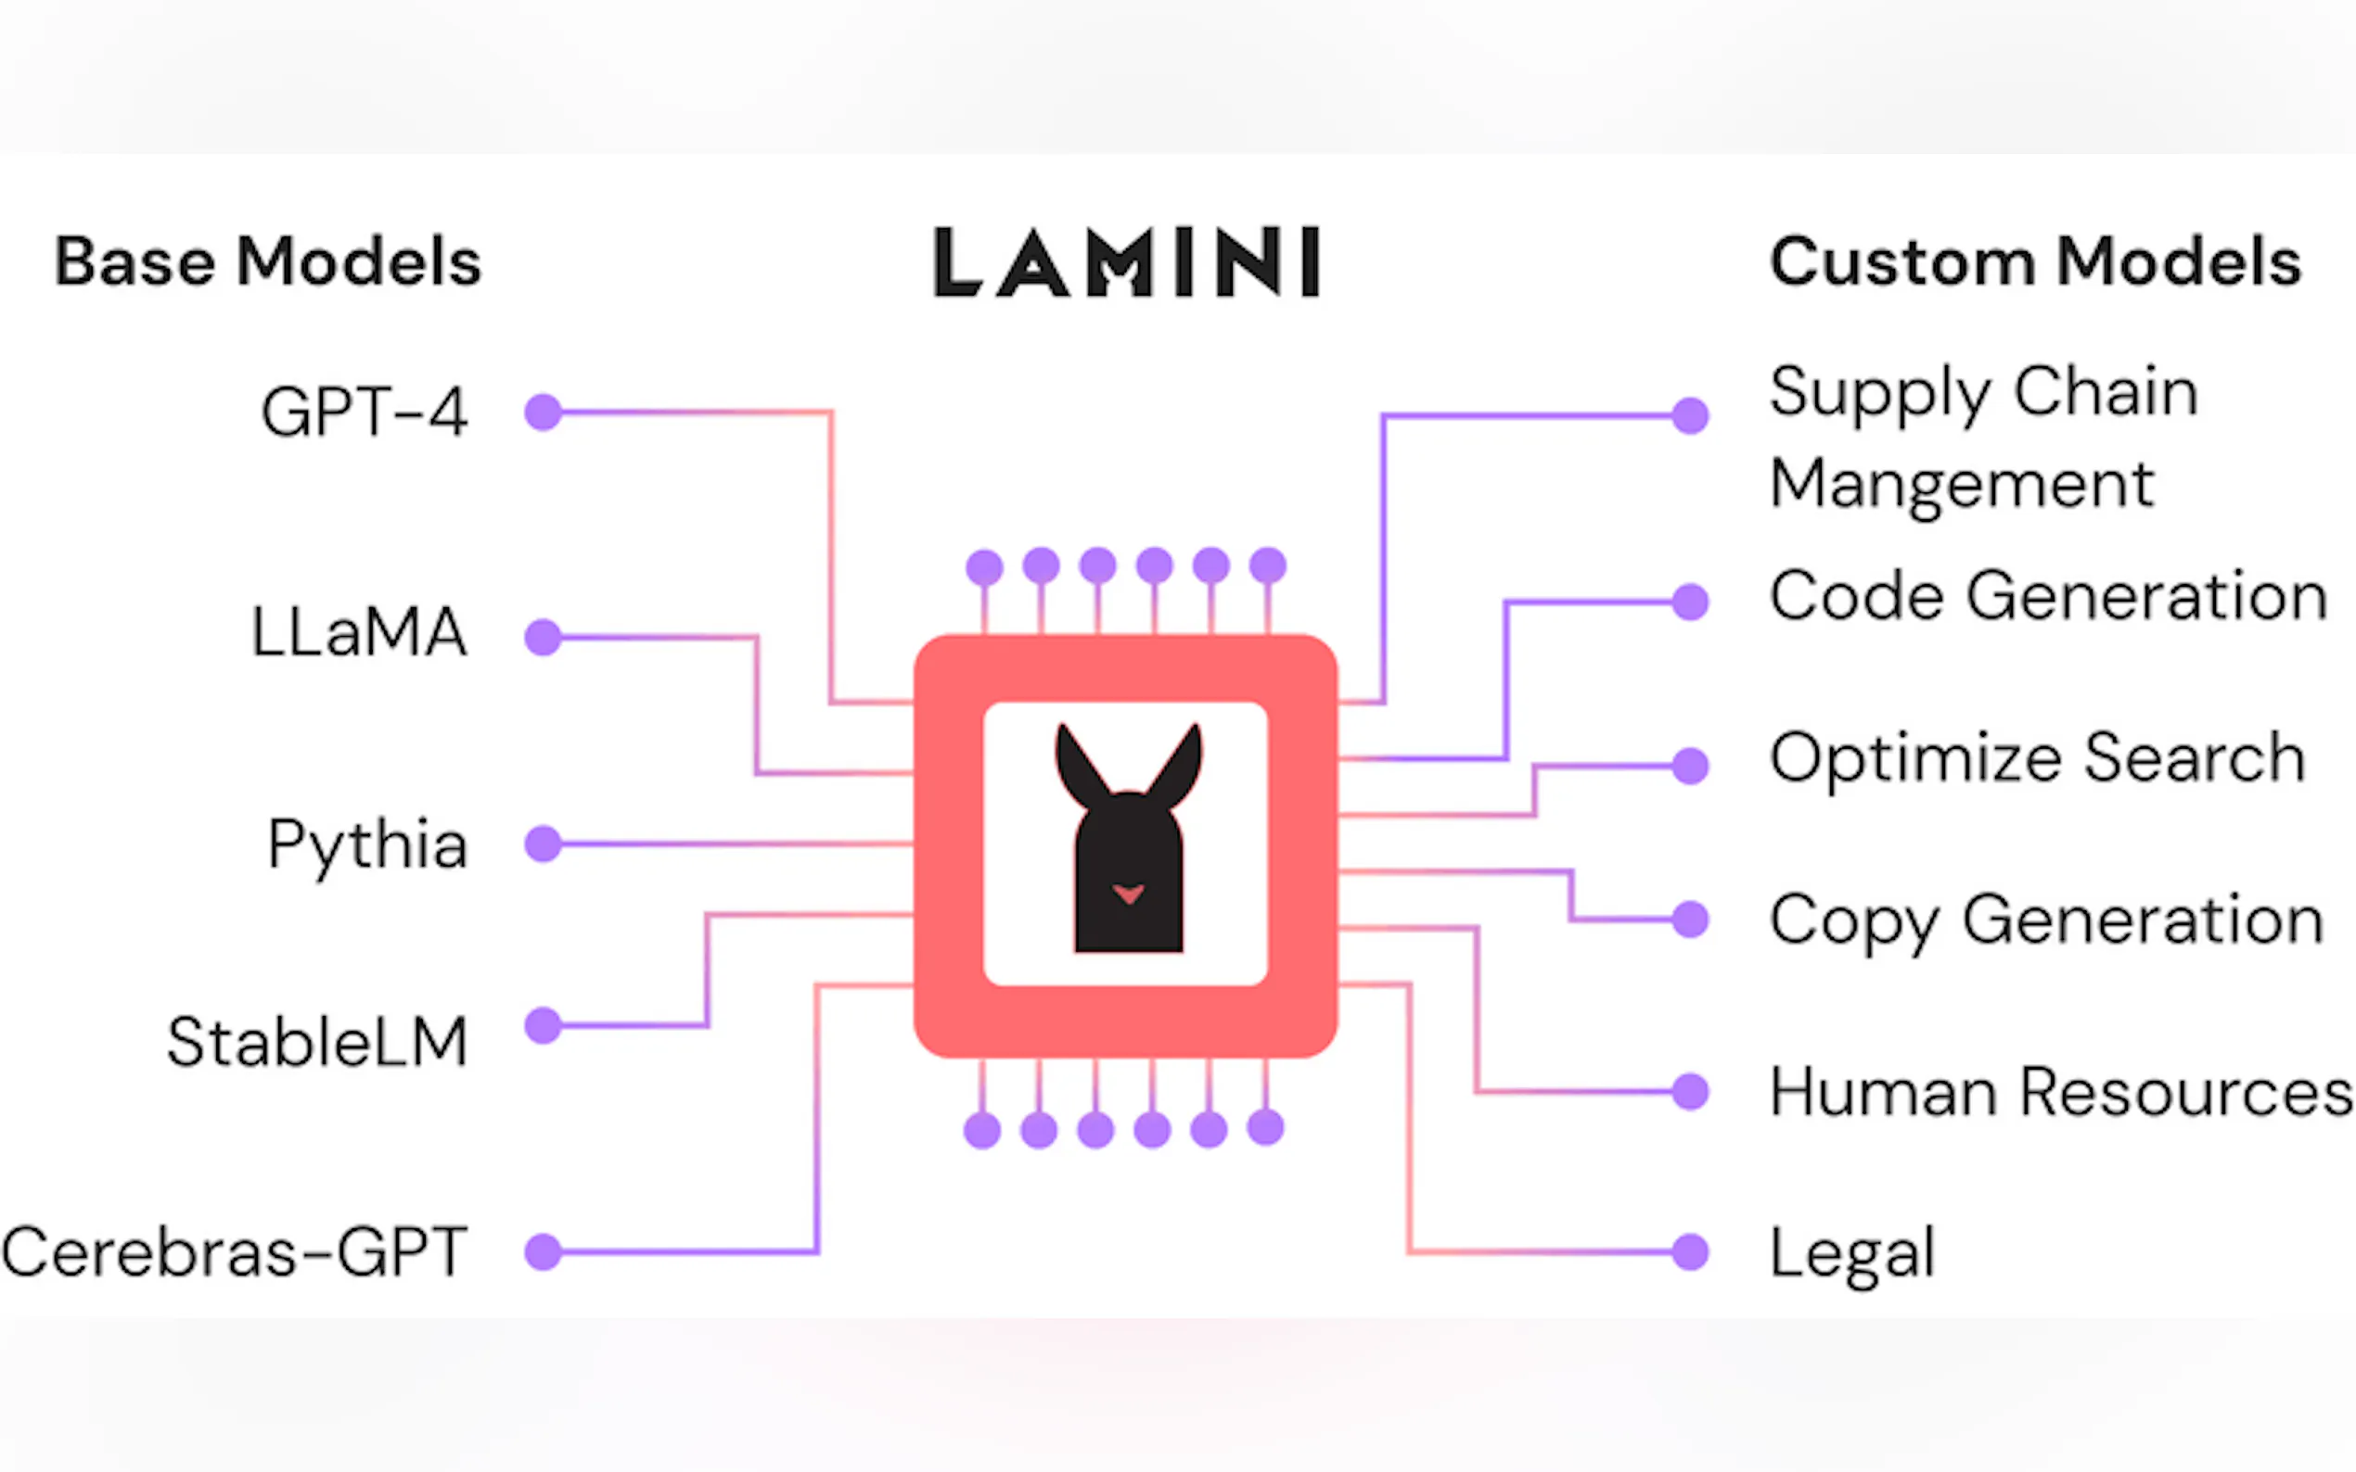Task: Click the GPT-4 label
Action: coord(365,412)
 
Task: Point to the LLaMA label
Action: coord(359,633)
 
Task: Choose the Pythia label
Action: coord(367,844)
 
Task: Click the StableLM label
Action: coord(317,1042)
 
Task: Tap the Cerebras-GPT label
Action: coord(234,1252)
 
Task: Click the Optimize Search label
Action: coord(2037,757)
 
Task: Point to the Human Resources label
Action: coord(2061,1092)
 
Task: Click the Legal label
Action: coord(1851,1254)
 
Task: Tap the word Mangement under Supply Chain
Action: coord(1961,484)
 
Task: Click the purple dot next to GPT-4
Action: coord(544,412)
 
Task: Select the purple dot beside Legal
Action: coord(1691,1252)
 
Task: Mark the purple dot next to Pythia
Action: coord(544,844)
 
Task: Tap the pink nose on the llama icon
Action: coord(1128,893)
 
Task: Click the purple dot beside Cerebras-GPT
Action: coord(544,1252)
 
